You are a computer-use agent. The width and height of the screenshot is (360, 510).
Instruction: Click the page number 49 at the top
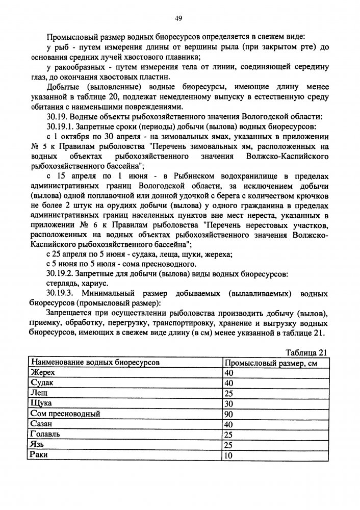(x=179, y=19)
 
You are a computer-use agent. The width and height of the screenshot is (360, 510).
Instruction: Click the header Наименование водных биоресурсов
(x=95, y=363)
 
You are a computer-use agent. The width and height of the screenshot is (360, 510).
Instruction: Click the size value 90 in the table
(x=229, y=414)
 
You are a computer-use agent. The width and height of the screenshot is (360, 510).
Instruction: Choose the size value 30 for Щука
(x=229, y=403)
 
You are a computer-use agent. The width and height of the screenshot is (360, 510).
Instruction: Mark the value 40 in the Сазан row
(x=229, y=424)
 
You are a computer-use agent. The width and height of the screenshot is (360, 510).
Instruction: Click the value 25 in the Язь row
(x=229, y=444)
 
